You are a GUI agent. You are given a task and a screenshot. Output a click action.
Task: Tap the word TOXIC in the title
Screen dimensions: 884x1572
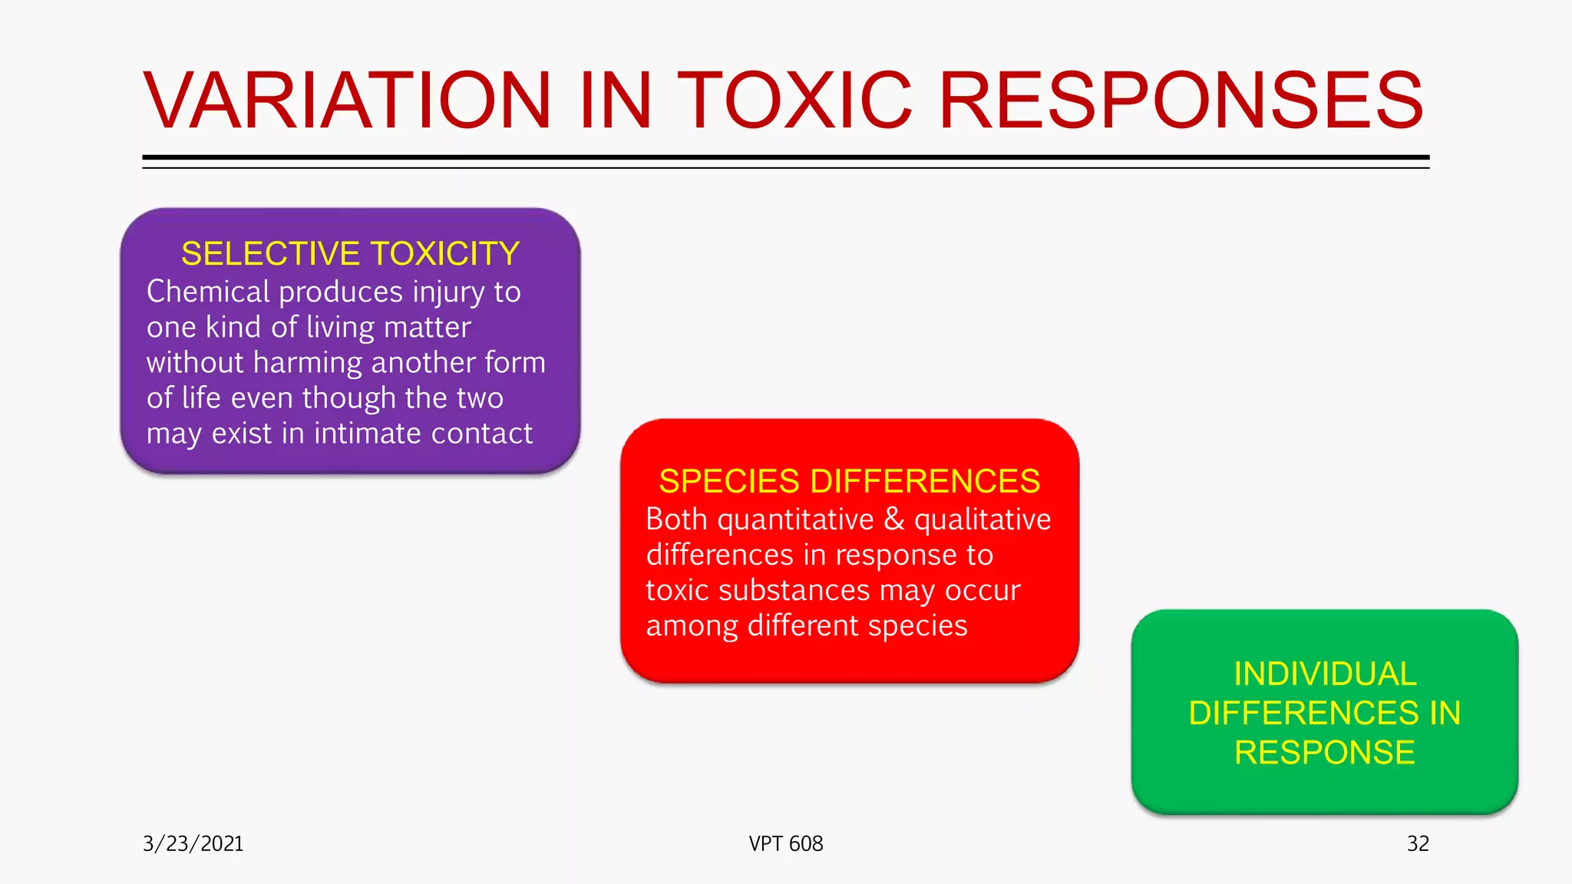(x=794, y=101)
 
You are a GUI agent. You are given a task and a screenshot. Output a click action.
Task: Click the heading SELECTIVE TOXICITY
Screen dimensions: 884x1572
(x=350, y=254)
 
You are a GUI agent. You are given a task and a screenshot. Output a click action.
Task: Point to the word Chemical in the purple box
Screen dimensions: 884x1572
(x=208, y=292)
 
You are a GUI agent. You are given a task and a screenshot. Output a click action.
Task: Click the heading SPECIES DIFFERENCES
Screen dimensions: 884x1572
(x=849, y=482)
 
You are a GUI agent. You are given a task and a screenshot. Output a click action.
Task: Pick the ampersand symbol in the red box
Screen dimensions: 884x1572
(x=893, y=520)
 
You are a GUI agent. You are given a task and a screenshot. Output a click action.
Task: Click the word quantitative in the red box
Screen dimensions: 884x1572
(x=795, y=520)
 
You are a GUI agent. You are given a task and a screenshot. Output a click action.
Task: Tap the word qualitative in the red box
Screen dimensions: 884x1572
(x=982, y=520)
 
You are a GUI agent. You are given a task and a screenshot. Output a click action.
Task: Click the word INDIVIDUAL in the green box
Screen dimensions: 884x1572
(x=1325, y=675)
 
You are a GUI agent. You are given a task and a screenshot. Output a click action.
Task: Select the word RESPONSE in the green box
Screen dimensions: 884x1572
(x=1325, y=753)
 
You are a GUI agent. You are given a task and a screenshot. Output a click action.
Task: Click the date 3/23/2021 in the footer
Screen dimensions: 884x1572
(x=193, y=844)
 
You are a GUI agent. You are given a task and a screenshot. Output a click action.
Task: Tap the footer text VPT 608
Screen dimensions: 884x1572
(x=786, y=844)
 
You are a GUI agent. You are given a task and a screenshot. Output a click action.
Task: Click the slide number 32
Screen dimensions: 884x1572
(x=1418, y=844)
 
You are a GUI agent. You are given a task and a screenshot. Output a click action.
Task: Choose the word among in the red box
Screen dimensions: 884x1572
(x=692, y=626)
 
